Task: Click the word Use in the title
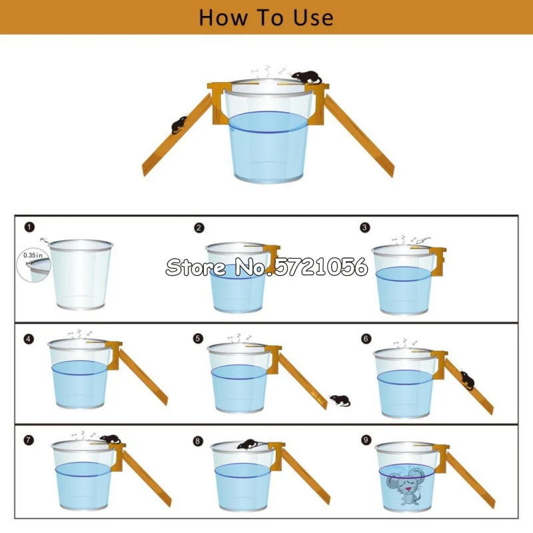click(x=313, y=18)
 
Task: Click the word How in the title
click(x=223, y=18)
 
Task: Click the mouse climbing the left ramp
click(x=179, y=125)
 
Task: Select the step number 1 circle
click(x=29, y=227)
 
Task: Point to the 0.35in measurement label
click(x=33, y=255)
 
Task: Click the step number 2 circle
click(x=199, y=228)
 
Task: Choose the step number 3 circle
click(x=364, y=227)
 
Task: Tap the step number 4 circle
click(x=29, y=339)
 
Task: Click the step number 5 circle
click(x=198, y=338)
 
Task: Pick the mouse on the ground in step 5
click(x=340, y=400)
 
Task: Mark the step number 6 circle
click(x=366, y=338)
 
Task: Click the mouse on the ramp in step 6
click(x=468, y=380)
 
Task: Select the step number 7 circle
click(x=29, y=440)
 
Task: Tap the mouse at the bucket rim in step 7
click(x=110, y=439)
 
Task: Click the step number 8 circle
click(x=198, y=441)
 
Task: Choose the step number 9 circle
click(x=366, y=440)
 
